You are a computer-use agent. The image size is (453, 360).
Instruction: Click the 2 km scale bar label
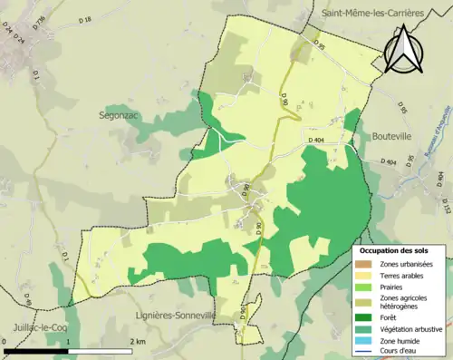coord(138,340)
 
